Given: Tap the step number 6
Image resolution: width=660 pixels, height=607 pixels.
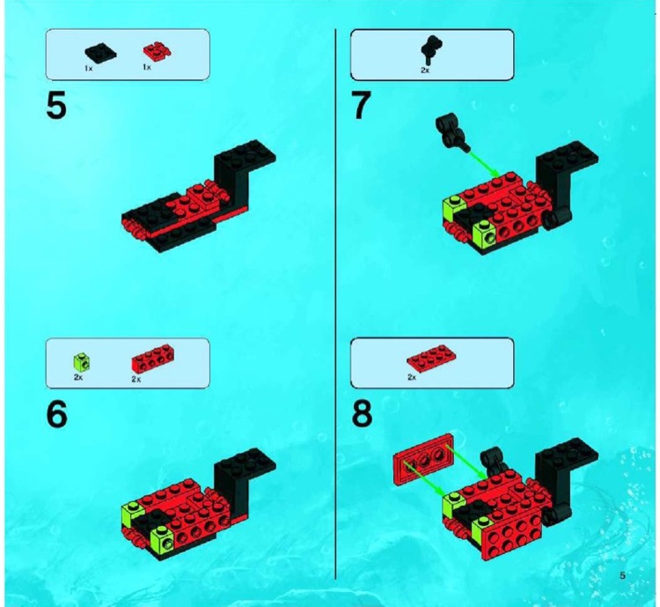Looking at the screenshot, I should coord(56,414).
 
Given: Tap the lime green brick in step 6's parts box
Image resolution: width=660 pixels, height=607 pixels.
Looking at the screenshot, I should coord(80,360).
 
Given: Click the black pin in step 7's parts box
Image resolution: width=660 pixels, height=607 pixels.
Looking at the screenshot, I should coord(429,49).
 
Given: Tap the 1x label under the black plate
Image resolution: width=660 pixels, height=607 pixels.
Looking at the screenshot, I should coord(89,68).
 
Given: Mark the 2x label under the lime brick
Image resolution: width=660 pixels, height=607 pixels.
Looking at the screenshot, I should coord(77,376).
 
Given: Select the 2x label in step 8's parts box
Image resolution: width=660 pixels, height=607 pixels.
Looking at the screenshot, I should coord(411,376).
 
